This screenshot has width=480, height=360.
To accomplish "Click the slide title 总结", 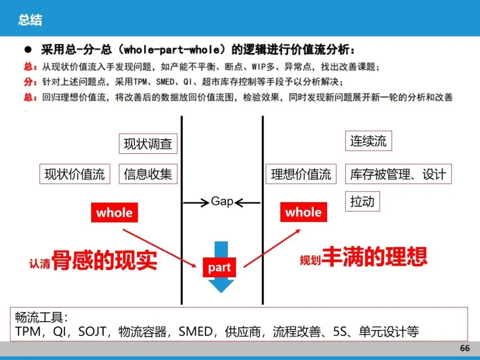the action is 30,20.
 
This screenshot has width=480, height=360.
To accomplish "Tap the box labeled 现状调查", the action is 148,144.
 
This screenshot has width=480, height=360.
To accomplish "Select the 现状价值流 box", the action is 75,174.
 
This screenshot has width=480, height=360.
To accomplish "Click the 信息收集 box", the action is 148,174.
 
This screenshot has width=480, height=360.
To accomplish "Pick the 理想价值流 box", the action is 301,174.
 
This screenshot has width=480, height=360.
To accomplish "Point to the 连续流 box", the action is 368,141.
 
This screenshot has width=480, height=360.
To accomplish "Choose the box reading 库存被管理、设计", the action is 398,174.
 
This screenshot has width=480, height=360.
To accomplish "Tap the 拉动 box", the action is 362,202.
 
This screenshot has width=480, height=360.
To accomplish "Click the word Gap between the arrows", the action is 222,201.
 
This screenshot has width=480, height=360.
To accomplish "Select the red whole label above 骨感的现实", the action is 114,212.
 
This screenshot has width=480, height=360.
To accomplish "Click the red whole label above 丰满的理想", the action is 304,212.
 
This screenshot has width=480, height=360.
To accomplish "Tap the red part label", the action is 219,268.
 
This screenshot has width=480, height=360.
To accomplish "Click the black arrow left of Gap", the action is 196,203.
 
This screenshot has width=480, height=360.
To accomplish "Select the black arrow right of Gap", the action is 248,203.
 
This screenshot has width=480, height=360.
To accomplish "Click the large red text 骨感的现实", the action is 104,260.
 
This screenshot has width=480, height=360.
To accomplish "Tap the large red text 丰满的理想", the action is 374,256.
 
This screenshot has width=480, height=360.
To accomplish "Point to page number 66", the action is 464,348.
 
